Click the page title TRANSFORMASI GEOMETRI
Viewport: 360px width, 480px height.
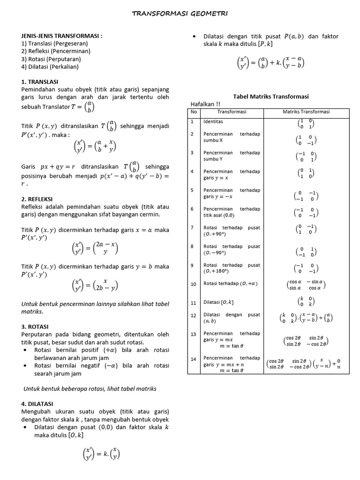click(x=180, y=14)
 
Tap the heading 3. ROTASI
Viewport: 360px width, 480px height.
click(x=35, y=326)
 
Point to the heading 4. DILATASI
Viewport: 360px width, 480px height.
click(x=37, y=404)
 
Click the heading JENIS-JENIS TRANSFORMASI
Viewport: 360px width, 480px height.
click(x=62, y=36)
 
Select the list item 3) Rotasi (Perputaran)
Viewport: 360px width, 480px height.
click(x=51, y=59)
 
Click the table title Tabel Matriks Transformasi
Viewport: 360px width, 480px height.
click(x=271, y=96)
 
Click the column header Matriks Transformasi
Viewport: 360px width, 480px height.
click(x=306, y=112)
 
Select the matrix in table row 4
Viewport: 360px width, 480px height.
click(x=306, y=173)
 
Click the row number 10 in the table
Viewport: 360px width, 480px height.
click(x=194, y=284)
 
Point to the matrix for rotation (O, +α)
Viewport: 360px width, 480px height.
click(x=306, y=285)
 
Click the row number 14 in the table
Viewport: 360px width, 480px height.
click(x=194, y=359)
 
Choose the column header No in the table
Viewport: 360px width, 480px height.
click(x=194, y=112)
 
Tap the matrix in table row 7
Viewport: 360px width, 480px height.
click(x=306, y=229)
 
